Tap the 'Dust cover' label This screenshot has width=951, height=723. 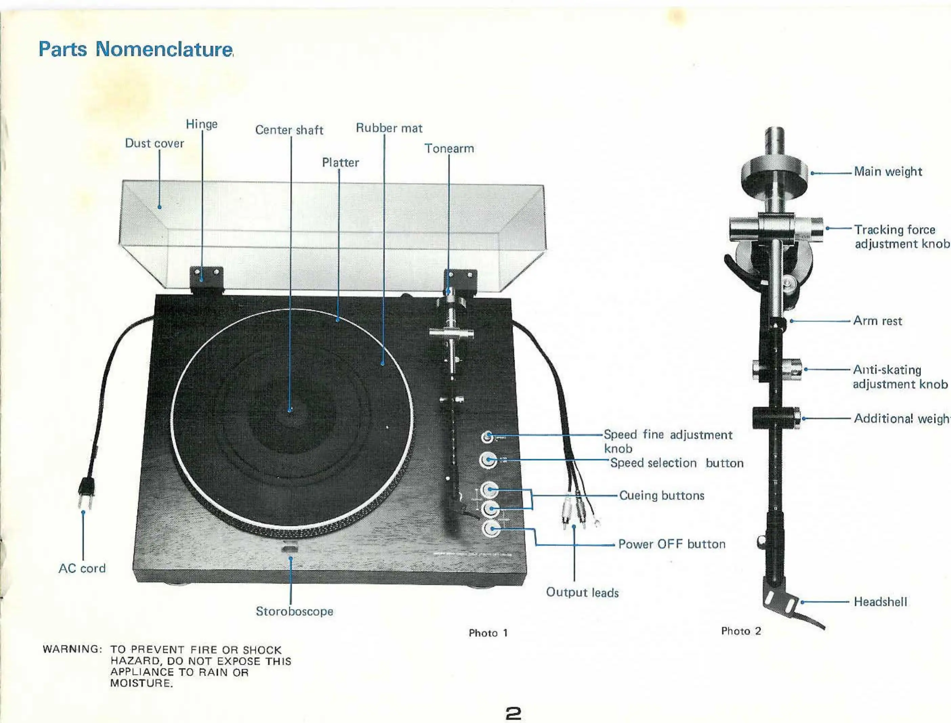[x=154, y=143]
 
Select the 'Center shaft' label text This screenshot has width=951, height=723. [x=289, y=130]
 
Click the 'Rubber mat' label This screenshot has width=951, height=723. [x=389, y=128]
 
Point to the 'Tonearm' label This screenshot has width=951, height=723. [x=449, y=149]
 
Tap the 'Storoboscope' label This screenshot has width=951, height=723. [x=294, y=612]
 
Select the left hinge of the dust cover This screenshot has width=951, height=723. [x=207, y=276]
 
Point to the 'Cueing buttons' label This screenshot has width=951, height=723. [x=662, y=496]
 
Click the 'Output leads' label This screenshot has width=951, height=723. [x=582, y=593]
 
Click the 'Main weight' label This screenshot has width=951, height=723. [x=888, y=172]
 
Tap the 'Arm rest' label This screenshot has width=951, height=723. [x=878, y=321]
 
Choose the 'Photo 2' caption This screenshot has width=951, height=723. [x=741, y=631]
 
